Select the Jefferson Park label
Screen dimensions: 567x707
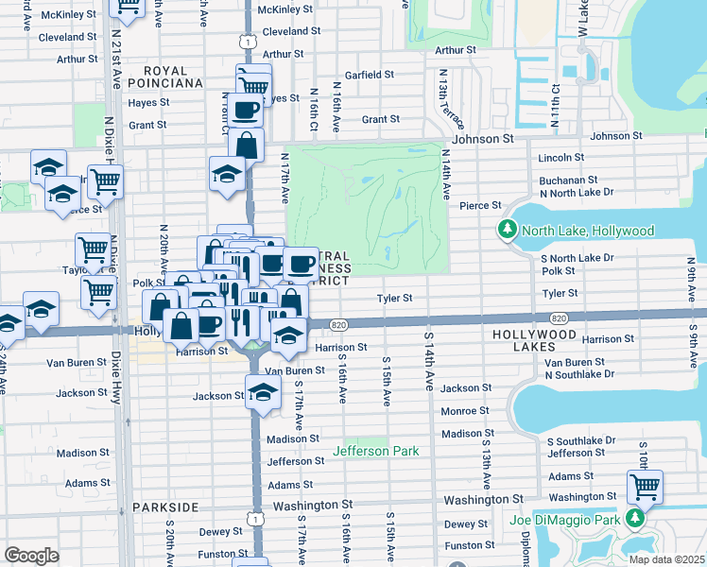(x=375, y=451)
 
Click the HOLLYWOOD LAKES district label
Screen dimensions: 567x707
(x=535, y=335)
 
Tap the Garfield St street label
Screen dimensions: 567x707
(x=369, y=75)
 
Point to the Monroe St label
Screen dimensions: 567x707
(x=464, y=411)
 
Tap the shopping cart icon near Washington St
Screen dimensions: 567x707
(x=645, y=488)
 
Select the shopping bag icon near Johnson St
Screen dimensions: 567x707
(x=246, y=145)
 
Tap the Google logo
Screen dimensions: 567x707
(x=32, y=555)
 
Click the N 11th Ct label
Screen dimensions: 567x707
(x=556, y=99)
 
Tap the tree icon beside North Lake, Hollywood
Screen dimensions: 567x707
(x=508, y=231)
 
